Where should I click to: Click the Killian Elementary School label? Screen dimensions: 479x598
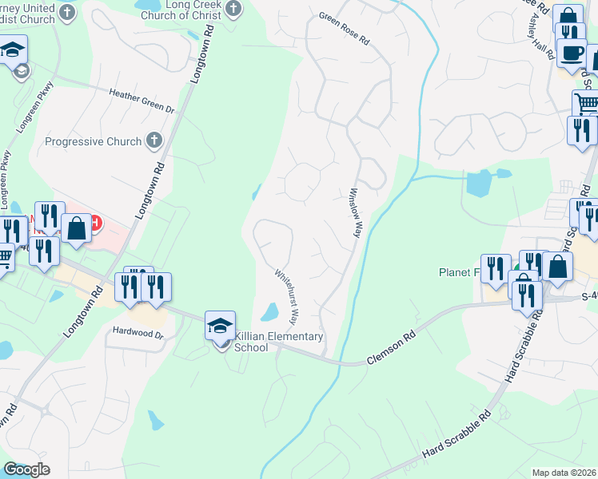tap(273, 342)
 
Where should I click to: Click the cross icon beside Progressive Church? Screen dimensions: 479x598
tap(155, 141)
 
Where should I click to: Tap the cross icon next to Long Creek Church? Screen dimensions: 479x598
tap(233, 9)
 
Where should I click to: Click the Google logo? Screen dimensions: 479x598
tap(26, 469)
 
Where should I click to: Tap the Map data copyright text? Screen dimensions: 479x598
tap(563, 473)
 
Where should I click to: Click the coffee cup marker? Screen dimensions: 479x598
tap(571, 53)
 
